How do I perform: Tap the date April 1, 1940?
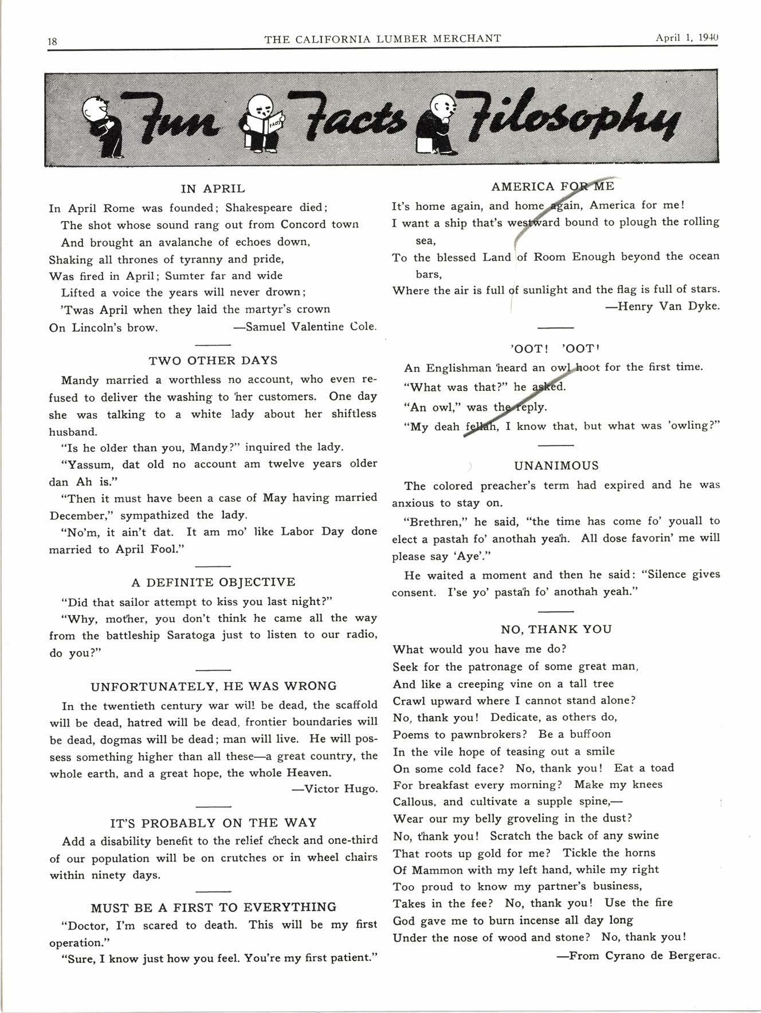(687, 38)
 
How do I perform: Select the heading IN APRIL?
(213, 189)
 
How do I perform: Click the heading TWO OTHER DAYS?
(213, 361)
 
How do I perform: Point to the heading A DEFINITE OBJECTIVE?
(213, 582)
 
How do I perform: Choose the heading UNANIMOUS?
(556, 466)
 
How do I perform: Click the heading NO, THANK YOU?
(556, 629)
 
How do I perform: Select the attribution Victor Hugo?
(335, 789)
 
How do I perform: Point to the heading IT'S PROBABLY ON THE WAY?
(213, 823)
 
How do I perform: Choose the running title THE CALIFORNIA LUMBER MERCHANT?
(382, 38)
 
